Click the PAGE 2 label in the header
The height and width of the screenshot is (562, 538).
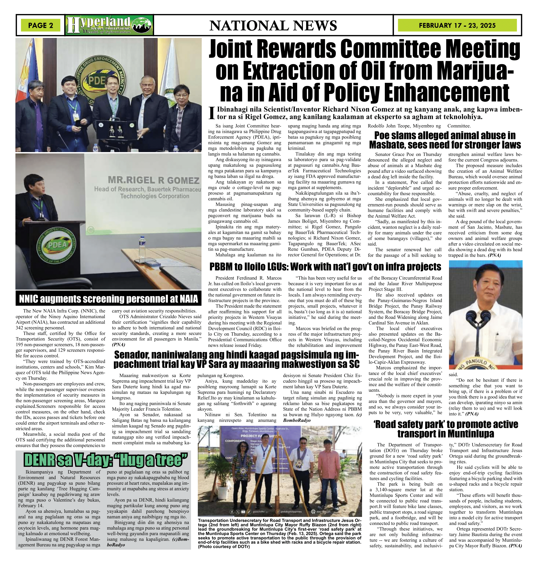[x=40, y=26]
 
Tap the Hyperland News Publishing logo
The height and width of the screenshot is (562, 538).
[x=109, y=25]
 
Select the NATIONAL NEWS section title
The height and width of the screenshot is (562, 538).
[x=273, y=26]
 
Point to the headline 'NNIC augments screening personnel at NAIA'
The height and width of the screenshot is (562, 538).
[x=108, y=299]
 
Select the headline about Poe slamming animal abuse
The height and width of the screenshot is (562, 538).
[x=445, y=140]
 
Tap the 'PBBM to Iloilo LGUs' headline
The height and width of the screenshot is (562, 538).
[x=325, y=267]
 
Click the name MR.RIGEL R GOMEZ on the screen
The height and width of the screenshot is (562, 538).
[x=153, y=180]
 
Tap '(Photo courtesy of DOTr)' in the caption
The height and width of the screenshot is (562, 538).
[x=224, y=547]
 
